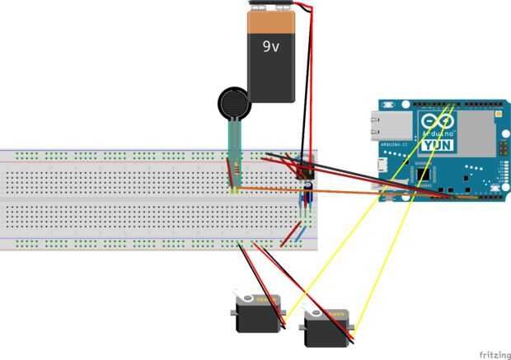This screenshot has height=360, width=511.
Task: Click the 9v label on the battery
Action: click(x=271, y=48)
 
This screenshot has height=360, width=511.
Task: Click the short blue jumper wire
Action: click(x=302, y=236)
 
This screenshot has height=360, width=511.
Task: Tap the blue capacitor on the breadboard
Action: click(x=307, y=196)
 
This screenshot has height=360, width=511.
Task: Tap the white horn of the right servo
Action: click(x=312, y=312)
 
